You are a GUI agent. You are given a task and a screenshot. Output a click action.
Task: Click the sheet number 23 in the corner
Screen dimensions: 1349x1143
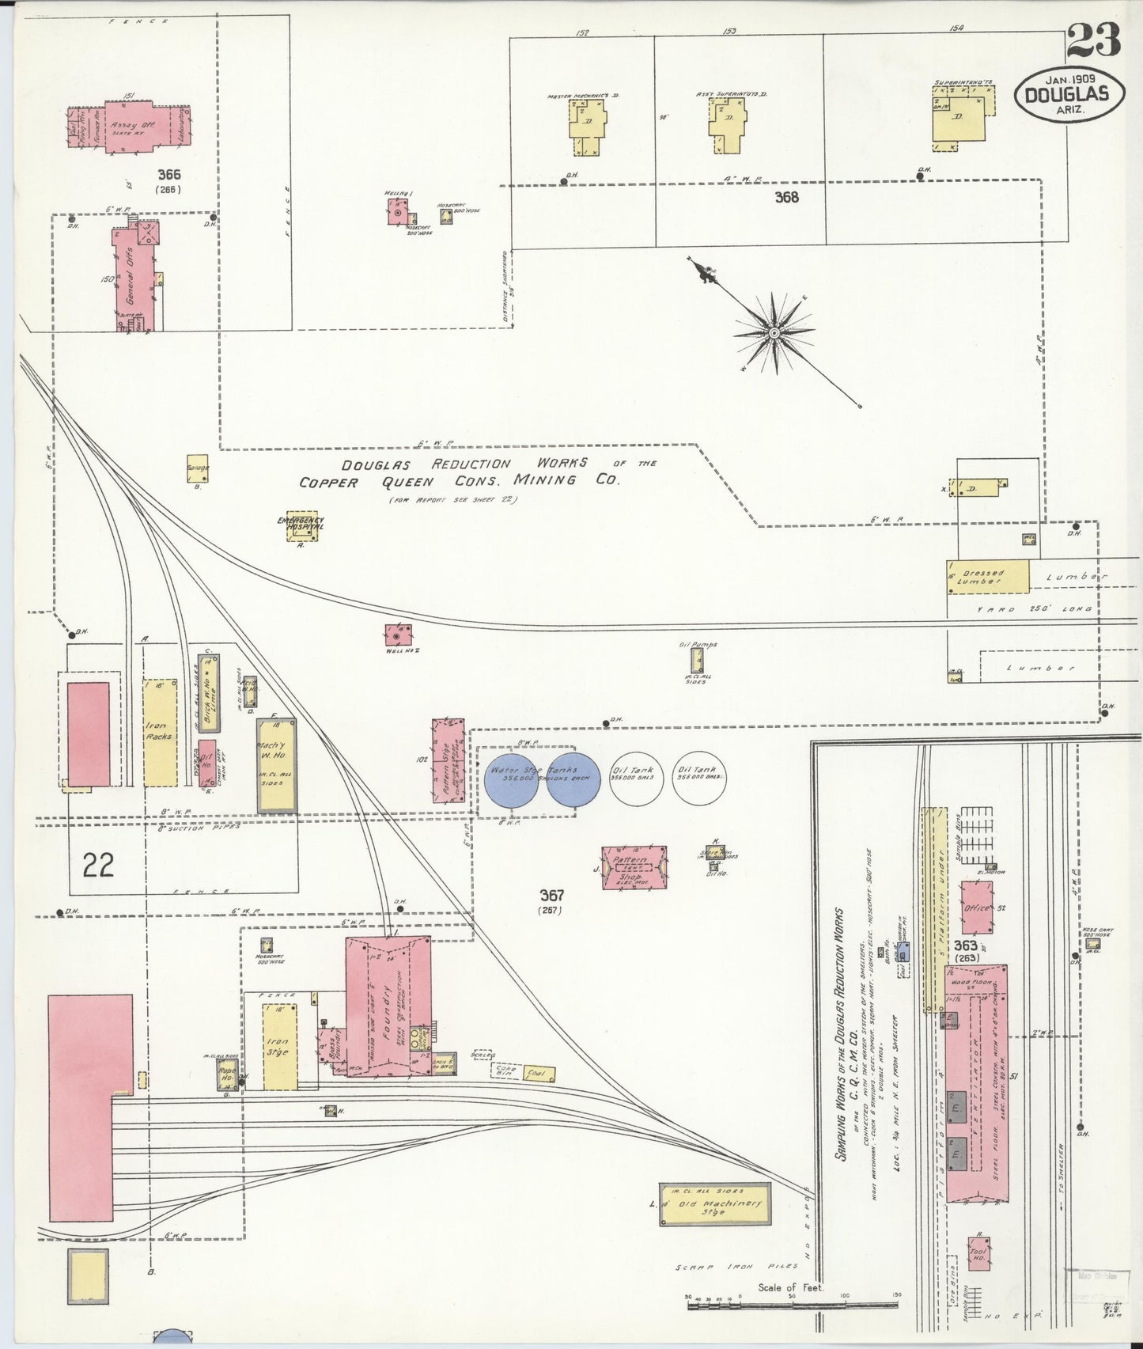1092,39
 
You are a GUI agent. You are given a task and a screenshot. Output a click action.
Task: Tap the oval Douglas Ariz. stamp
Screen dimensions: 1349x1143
1069,94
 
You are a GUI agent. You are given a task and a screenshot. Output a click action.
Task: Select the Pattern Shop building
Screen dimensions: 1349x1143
634,867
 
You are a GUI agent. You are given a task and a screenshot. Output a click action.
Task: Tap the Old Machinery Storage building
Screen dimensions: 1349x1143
713,1205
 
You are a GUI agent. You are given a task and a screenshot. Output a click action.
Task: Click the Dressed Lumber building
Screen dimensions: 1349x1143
988,577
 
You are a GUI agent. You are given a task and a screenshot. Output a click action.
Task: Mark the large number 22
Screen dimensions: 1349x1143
98,864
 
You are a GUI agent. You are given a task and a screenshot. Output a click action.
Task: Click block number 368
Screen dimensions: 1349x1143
786,197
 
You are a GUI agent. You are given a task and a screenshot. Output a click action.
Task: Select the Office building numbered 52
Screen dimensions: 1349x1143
977,908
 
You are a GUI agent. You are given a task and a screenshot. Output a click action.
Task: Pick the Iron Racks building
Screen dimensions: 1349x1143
160,732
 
